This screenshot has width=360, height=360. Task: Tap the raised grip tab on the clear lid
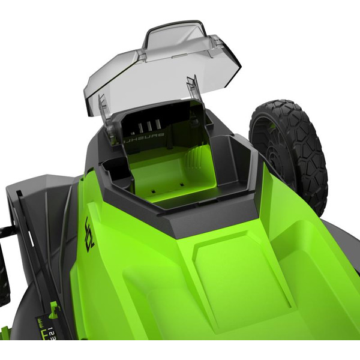[174, 29]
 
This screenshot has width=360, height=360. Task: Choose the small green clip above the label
[53, 311]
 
